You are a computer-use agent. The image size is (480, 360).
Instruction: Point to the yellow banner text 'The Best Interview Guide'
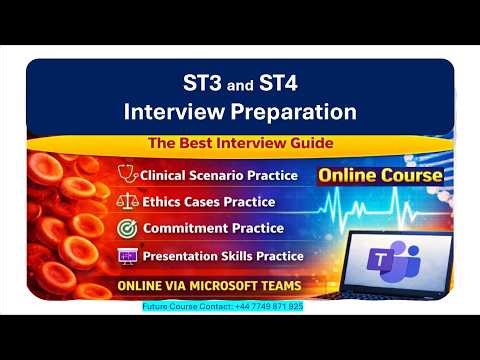240,143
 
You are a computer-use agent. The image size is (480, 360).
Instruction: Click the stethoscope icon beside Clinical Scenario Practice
128,175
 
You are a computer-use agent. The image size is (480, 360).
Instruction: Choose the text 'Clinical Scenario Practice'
219,176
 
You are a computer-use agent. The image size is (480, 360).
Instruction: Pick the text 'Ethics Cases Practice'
208,202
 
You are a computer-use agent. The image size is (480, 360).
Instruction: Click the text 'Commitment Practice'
203,229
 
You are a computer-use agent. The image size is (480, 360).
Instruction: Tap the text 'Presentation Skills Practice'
222,256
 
